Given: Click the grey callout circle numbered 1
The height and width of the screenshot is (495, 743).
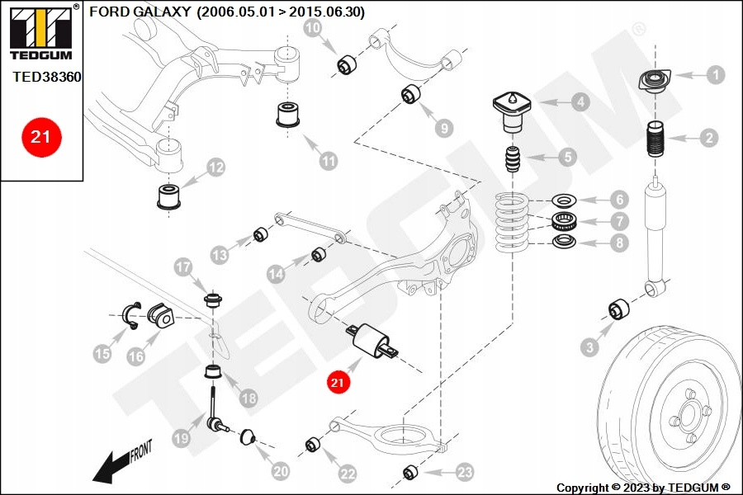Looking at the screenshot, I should pyautogui.click(x=715, y=75).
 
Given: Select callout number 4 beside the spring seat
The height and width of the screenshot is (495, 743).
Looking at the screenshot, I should pyautogui.click(x=580, y=103).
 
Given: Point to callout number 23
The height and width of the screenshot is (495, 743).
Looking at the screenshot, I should pyautogui.click(x=465, y=472).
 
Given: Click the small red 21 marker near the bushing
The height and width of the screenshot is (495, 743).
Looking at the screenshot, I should pyautogui.click(x=337, y=382).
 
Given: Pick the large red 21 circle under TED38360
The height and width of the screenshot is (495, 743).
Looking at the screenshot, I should pyautogui.click(x=40, y=136).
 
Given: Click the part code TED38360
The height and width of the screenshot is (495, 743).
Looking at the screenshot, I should pyautogui.click(x=47, y=77).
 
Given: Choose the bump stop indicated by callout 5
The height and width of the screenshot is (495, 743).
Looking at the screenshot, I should pyautogui.click(x=512, y=159).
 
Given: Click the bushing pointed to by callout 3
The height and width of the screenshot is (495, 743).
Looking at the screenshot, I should pyautogui.click(x=619, y=310).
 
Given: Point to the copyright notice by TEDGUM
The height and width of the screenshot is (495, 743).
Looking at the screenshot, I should pyautogui.click(x=643, y=488).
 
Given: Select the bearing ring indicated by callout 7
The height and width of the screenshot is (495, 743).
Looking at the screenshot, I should pyautogui.click(x=564, y=221).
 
